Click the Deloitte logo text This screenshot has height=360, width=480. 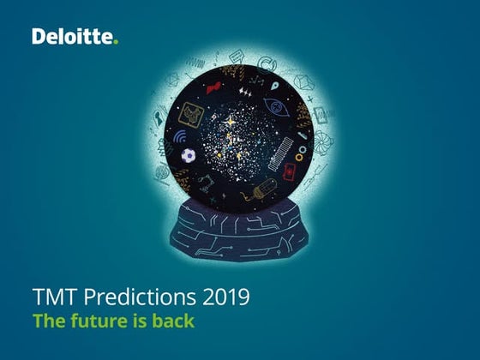(72, 36)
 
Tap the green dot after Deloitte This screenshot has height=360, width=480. (116, 40)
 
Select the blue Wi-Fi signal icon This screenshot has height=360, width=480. (181, 137)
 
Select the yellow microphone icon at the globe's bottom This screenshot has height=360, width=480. (262, 187)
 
